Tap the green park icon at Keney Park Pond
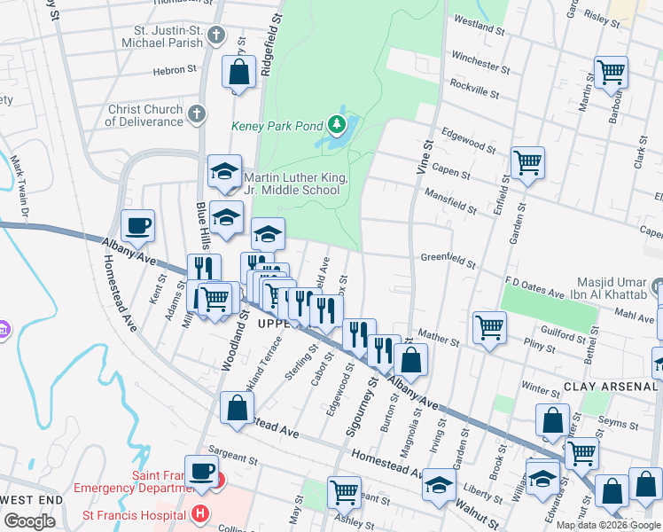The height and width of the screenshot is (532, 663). point(337,125)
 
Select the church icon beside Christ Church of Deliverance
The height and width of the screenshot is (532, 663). point(197,114)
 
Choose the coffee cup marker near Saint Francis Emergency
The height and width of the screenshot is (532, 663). point(200,470)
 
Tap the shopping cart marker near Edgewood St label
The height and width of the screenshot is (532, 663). point(527,163)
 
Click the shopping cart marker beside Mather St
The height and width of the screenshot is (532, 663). point(489,327)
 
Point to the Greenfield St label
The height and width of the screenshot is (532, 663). point(448,263)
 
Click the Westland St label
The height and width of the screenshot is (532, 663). point(479,27)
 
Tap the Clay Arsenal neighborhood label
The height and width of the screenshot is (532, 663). point(611,387)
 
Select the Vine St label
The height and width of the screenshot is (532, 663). point(425,155)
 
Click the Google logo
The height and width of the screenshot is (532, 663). point(30,521)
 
